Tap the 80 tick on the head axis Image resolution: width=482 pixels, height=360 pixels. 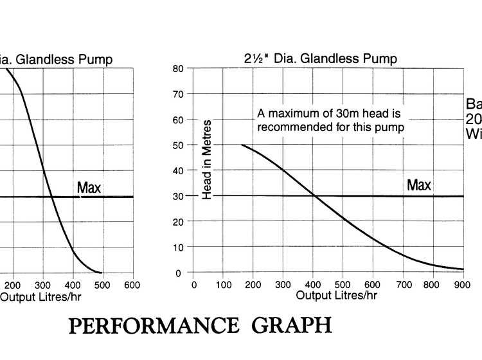tap(179, 68)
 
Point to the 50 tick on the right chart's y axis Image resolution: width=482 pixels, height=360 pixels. tap(179, 145)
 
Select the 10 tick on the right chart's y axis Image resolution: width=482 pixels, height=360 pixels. tap(179, 248)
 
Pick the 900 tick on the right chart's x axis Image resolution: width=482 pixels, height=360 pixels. tap(463, 284)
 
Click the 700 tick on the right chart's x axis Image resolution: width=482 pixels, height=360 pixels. tap(402, 284)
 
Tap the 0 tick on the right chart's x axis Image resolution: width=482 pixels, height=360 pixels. tap(193, 284)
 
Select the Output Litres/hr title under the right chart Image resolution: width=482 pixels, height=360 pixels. tap(336, 295)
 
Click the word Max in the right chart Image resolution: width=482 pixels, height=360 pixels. tap(418, 186)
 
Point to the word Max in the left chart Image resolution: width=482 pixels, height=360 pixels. tap(89, 188)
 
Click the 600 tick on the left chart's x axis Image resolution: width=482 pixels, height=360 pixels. tap(132, 284)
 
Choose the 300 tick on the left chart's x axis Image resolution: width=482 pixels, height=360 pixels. tap(42, 284)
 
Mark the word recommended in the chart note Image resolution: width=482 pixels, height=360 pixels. tap(290, 127)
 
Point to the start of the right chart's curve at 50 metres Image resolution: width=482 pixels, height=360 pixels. tap(242, 145)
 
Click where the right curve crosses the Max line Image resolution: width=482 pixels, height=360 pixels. tap(314, 196)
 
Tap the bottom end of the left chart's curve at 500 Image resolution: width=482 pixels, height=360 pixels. tap(102, 273)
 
